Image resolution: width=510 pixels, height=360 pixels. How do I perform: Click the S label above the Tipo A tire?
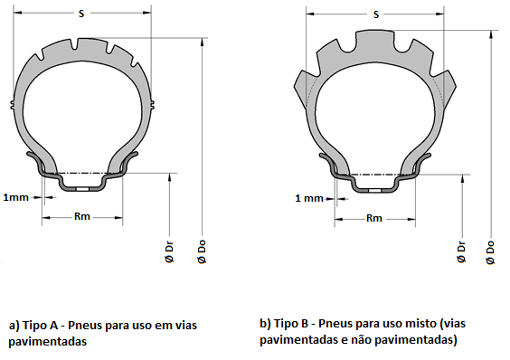(x=81, y=14)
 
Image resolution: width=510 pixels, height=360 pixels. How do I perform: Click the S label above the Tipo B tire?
(x=376, y=14)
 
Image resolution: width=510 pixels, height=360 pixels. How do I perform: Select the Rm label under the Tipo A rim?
(x=82, y=216)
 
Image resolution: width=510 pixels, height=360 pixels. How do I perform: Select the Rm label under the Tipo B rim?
(x=374, y=218)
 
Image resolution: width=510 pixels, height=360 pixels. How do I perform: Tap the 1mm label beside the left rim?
(x=16, y=197)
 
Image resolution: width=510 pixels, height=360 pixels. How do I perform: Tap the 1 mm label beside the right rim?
(x=309, y=198)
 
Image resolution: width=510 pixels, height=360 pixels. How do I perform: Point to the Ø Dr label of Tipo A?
(x=169, y=252)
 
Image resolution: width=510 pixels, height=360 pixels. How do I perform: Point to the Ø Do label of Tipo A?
(x=202, y=251)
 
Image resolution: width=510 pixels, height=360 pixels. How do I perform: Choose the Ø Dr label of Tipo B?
(x=461, y=252)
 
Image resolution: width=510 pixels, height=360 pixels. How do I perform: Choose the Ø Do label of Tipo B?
(x=490, y=252)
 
